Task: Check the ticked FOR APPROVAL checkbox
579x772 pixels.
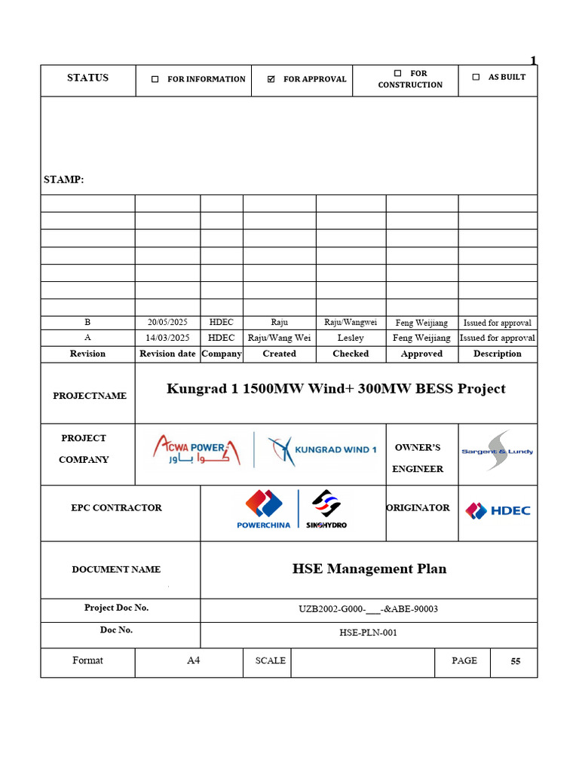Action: tap(271, 79)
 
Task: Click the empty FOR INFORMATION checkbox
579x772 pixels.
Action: tap(155, 79)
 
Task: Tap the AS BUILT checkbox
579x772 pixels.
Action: tap(475, 77)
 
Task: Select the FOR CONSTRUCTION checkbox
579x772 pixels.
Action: tap(397, 73)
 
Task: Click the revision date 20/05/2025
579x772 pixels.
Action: tap(167, 322)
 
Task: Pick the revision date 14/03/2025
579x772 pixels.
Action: tap(167, 338)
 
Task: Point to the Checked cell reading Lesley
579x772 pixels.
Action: tap(351, 338)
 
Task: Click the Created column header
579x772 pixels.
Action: tap(279, 354)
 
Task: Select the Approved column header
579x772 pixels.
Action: tap(421, 354)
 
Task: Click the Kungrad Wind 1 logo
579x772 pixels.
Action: tap(323, 450)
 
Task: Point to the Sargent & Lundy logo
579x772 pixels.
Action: tap(497, 451)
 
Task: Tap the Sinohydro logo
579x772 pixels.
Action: tap(326, 509)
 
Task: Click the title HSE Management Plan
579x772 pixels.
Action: tap(369, 569)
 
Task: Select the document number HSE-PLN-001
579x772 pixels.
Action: tap(369, 633)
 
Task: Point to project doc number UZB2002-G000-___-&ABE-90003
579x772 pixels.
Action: tap(369, 608)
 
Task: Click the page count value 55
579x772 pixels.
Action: tap(515, 662)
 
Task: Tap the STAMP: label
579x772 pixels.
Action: tap(64, 179)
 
